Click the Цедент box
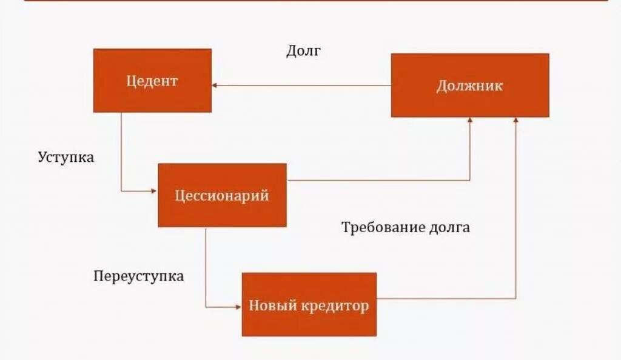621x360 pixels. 152,81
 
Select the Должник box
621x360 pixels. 470,85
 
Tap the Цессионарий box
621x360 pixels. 222,195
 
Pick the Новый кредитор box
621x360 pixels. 309,305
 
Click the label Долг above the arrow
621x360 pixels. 303,51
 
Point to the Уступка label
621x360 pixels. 66,157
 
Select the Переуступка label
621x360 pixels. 139,276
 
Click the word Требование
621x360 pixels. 376,228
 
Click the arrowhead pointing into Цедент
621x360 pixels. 215,85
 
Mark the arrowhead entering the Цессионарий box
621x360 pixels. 154,191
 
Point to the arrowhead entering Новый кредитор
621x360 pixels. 238,307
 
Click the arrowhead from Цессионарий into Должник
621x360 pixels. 470,121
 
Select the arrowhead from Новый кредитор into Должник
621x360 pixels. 516,121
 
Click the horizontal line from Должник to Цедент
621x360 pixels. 303,85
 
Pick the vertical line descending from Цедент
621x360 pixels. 121,152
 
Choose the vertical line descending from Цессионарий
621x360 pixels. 206,267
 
